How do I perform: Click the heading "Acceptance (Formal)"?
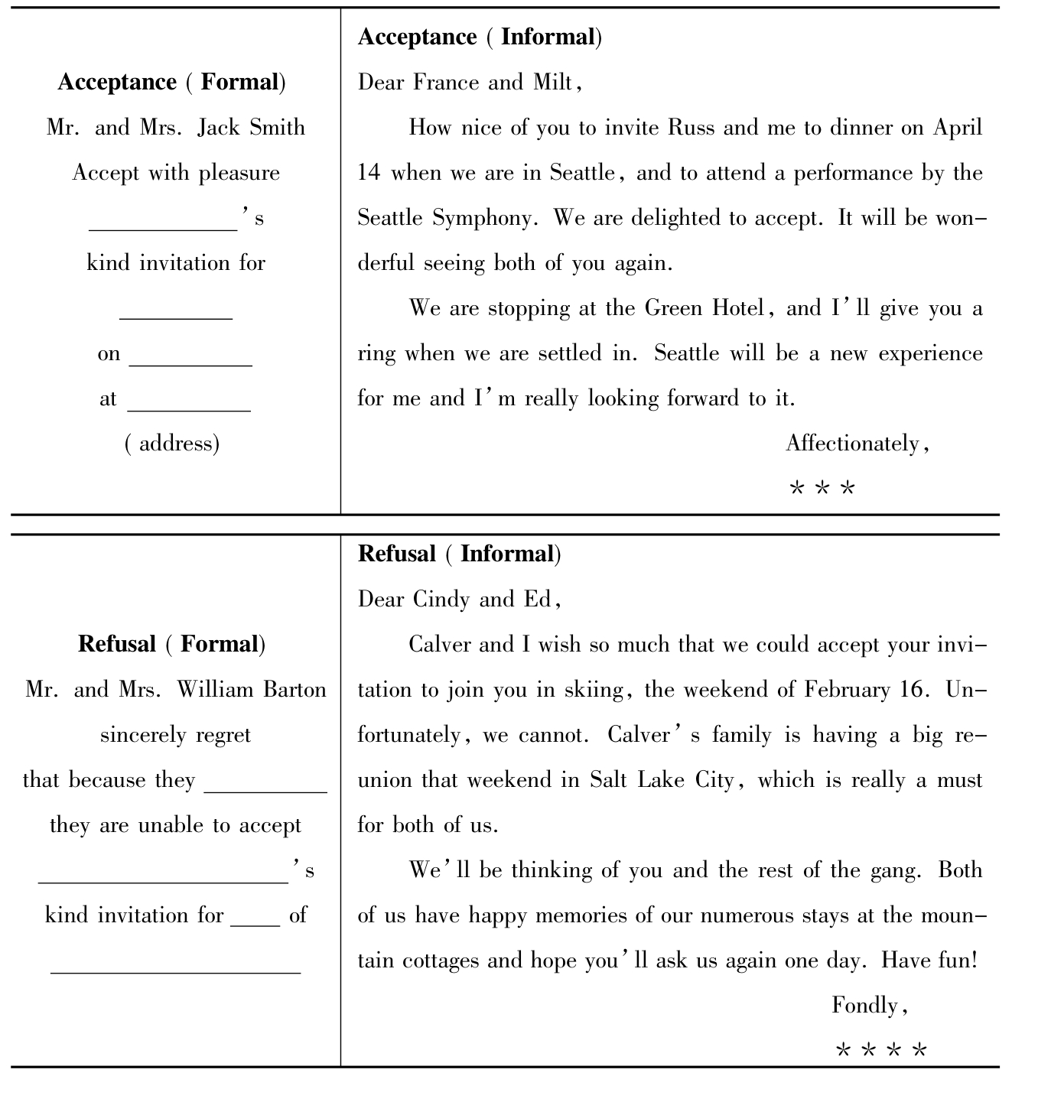[x=172, y=82]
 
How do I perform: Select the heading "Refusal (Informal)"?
[x=459, y=554]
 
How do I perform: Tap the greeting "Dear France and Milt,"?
[x=470, y=82]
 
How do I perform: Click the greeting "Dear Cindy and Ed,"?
[x=460, y=599]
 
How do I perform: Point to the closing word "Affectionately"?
[x=852, y=444]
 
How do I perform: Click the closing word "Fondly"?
[x=866, y=1005]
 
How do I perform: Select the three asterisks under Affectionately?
[x=822, y=488]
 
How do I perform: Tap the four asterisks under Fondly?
[x=881, y=1050]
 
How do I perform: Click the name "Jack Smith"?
[x=251, y=127]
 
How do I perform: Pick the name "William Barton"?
[x=252, y=690]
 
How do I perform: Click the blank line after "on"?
[x=190, y=364]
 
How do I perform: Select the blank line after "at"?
[x=189, y=409]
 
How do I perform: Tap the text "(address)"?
[x=172, y=444]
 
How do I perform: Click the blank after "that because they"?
[x=265, y=791]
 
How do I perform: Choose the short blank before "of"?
[x=255, y=925]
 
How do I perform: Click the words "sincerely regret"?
[x=175, y=735]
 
